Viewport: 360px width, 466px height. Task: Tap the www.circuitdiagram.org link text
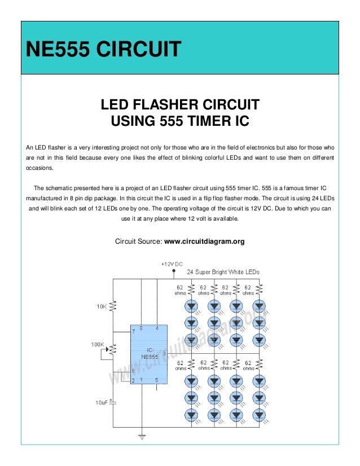(x=204, y=241)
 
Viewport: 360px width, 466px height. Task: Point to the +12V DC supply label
(x=172, y=264)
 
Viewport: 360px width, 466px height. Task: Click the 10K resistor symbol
(x=113, y=306)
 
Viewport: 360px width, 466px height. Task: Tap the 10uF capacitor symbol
(x=113, y=402)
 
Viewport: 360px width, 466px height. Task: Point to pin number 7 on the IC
(x=134, y=331)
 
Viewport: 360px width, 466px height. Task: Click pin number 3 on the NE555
(x=163, y=354)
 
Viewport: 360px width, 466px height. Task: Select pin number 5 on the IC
(x=156, y=380)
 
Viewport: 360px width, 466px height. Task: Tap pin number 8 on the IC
(x=142, y=328)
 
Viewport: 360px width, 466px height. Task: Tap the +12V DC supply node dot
(x=172, y=270)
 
